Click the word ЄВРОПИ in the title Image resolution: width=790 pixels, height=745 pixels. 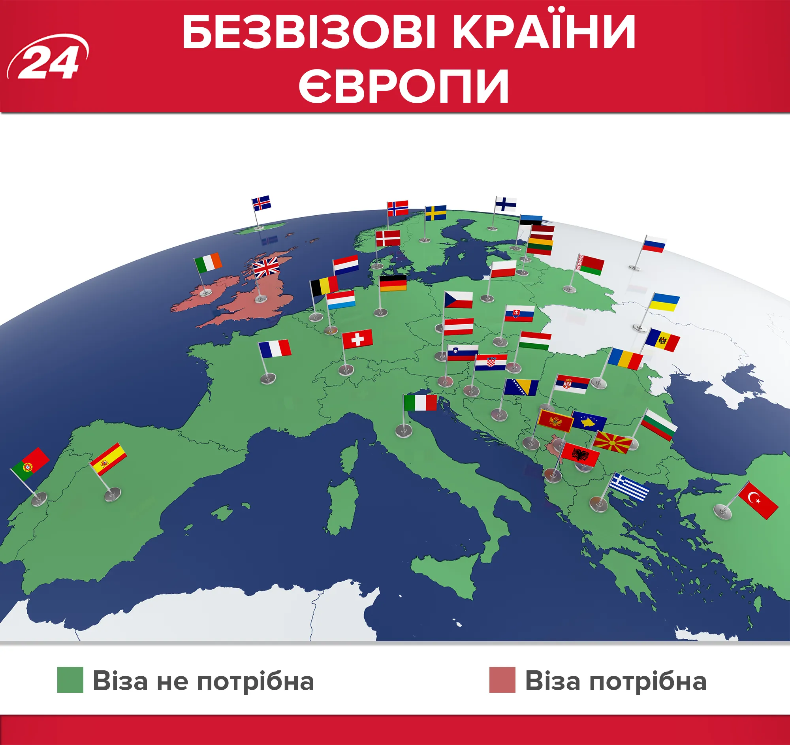coord(403,85)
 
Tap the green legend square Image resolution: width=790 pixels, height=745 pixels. coord(70,680)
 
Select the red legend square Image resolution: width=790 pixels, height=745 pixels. coord(502,680)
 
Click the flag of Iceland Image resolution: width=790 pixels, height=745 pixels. coord(261,203)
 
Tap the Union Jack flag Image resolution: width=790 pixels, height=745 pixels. coord(266,267)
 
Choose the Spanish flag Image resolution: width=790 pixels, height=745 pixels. coord(108,459)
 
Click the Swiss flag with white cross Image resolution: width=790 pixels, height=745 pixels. coord(357,339)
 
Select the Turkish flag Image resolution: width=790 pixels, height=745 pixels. coord(758,500)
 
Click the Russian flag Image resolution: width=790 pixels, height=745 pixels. coord(654,244)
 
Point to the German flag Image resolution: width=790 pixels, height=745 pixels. coord(393,283)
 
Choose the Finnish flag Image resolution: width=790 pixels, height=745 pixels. coord(506,204)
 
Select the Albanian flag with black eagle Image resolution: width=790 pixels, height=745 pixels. coord(581,455)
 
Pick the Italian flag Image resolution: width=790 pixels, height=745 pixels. coord(420,403)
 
